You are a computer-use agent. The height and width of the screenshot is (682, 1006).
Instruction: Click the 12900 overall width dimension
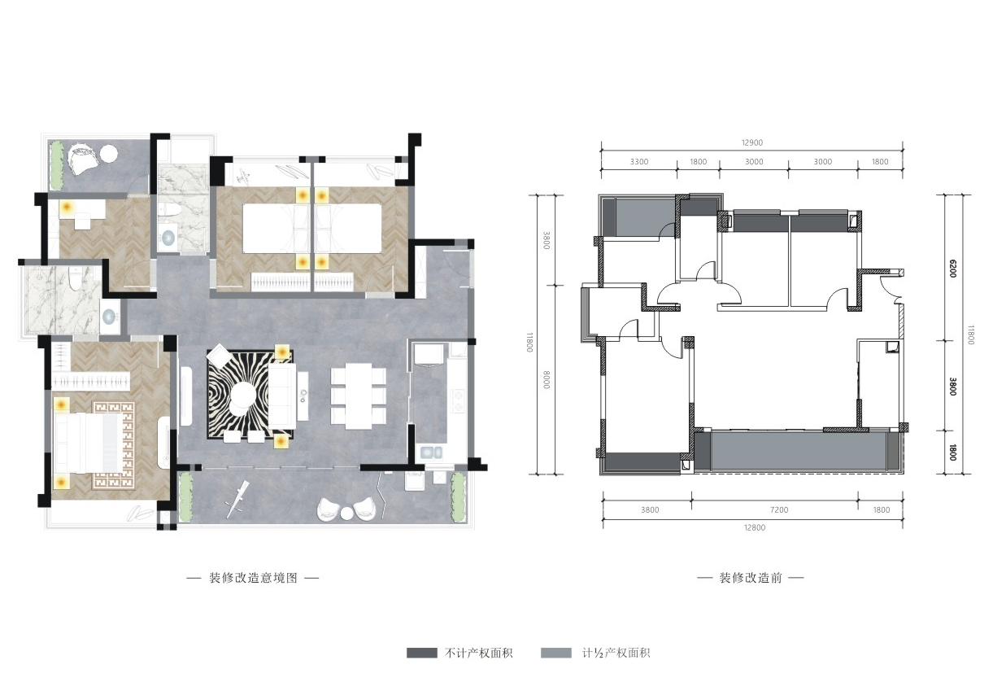point(751,142)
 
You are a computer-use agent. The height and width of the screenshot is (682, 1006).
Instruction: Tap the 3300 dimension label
point(638,162)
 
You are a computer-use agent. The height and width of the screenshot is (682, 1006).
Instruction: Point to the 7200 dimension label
point(779,509)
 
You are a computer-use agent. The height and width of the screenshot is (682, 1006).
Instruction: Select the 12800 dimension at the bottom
point(755,527)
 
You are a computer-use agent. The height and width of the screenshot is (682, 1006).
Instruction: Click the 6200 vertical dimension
point(953,269)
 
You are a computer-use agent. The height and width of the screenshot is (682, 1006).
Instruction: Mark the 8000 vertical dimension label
point(547,379)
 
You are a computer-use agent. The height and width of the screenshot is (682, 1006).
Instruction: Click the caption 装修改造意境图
point(253,578)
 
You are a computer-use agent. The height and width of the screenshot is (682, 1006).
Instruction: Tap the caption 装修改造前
point(751,578)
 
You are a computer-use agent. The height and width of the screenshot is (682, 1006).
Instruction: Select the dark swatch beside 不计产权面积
point(422,653)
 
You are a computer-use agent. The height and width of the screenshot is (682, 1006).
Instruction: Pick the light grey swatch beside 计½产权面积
point(556,653)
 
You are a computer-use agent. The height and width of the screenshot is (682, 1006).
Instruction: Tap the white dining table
point(359,396)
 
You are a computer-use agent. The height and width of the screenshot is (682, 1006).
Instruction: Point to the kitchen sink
point(431,452)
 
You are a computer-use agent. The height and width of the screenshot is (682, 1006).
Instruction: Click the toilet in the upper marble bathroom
point(171,210)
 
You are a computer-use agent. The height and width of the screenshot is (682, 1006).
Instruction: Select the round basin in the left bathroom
point(110,317)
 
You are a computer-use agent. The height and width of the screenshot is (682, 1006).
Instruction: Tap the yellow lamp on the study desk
point(67,208)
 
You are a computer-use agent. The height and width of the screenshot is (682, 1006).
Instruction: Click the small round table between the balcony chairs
point(346,513)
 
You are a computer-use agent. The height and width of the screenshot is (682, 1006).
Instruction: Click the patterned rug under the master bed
point(114,445)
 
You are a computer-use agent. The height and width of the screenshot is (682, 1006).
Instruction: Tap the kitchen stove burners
point(458,401)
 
